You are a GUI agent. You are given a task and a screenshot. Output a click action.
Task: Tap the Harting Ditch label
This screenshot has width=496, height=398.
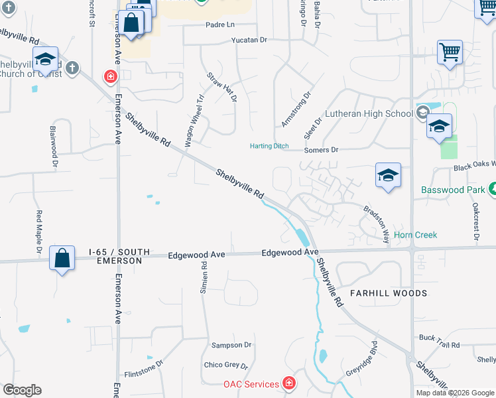269,146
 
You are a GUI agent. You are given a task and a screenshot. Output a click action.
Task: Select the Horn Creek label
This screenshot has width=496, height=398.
416,235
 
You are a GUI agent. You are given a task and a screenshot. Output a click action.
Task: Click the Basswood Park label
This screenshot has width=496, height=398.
453,190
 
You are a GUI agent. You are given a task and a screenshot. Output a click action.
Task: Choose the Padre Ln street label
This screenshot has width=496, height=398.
221,25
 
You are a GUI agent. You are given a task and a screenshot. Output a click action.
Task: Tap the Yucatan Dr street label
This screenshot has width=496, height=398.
249,40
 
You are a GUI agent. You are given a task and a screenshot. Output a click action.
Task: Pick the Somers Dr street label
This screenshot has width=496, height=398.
321,150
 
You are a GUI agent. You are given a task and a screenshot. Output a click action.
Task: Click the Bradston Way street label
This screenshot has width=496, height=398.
375,224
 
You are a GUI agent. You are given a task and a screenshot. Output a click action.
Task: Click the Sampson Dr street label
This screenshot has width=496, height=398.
231,345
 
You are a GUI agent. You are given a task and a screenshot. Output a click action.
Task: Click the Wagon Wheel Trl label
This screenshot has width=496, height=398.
194,120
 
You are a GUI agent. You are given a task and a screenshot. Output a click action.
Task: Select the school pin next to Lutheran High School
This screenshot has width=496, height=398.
439,127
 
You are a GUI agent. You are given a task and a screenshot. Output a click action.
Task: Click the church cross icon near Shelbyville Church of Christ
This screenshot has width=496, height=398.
72,68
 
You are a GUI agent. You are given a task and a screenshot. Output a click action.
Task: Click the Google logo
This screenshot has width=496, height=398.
22,390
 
